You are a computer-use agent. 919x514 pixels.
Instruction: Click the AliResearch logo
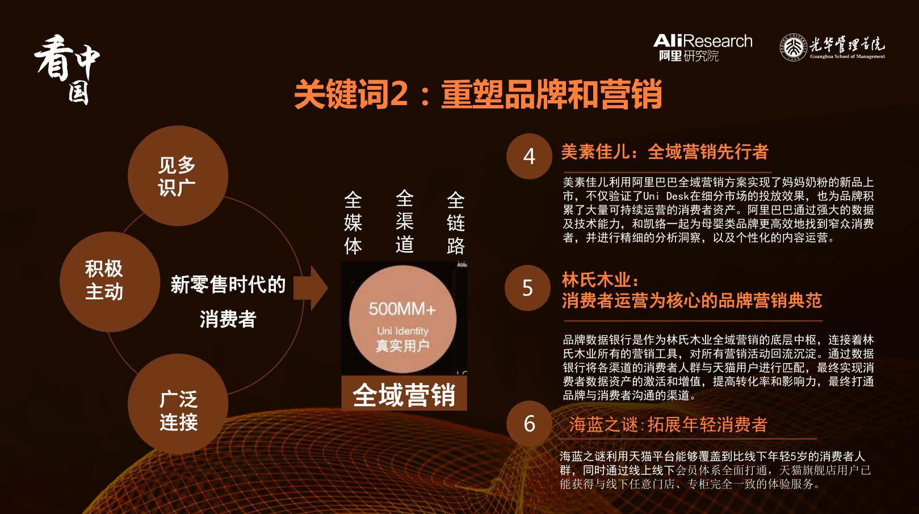coord(702,48)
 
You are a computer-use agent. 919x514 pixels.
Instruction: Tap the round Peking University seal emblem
coord(793,47)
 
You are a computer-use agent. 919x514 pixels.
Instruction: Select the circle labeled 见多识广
coord(178,175)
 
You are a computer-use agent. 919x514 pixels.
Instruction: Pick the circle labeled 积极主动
coord(110,282)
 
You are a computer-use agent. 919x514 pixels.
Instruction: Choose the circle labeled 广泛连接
coord(178,404)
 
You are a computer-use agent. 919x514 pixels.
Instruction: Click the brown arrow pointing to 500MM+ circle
coord(310,288)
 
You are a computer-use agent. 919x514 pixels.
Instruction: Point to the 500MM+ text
coord(402,309)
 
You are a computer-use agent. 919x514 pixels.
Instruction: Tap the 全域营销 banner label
coord(404,394)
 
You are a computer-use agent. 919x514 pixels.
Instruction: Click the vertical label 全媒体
coord(353,223)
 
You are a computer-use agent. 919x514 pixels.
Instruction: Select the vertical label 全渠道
coord(404,222)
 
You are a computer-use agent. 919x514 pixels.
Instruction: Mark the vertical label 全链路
coord(455,223)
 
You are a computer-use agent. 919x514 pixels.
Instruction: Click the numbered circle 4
coord(529,156)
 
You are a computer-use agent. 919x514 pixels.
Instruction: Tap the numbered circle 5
coord(527,288)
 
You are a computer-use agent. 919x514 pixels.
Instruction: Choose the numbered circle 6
coord(529,423)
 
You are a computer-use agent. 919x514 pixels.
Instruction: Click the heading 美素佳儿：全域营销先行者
coord(665,152)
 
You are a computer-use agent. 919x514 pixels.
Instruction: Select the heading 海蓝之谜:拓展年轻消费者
coord(668,424)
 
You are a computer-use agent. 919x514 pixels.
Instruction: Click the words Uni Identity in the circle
coord(402,331)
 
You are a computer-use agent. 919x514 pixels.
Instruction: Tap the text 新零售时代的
coord(228,285)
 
